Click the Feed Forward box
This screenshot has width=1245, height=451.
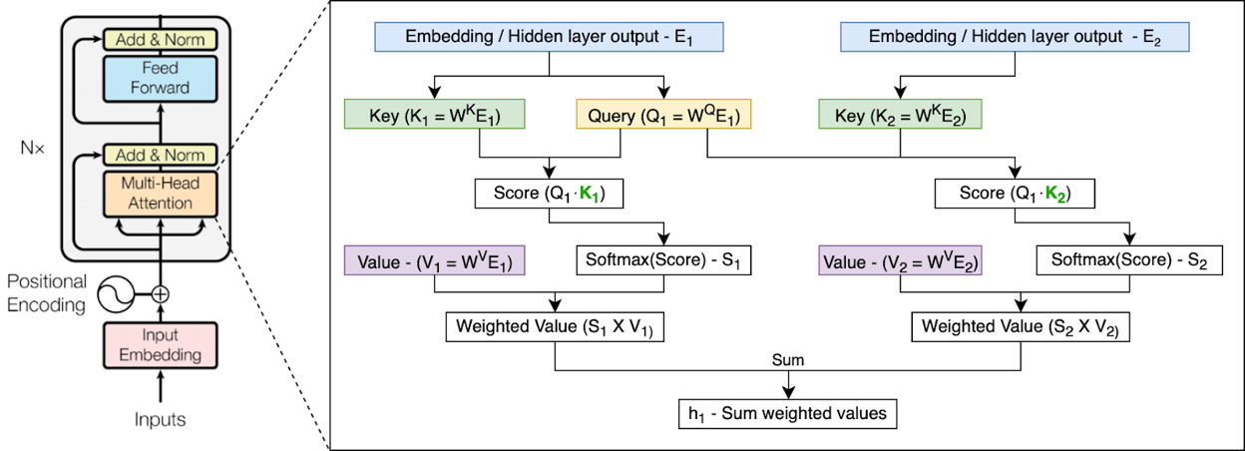[160, 79]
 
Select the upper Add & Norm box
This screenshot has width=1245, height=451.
[160, 40]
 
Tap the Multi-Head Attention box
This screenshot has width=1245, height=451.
[160, 194]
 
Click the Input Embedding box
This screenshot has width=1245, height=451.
[160, 345]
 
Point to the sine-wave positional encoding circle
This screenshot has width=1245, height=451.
[116, 294]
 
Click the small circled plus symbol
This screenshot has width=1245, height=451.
[160, 294]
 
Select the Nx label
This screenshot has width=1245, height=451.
[32, 148]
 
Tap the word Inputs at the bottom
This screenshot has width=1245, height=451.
[160, 419]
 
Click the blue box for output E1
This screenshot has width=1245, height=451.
[549, 37]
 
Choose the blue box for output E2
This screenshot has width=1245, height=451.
[1015, 37]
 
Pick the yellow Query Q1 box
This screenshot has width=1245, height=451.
[663, 114]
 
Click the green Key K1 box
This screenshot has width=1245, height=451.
[435, 114]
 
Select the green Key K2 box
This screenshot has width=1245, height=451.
[901, 114]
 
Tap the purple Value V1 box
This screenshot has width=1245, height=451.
[435, 260]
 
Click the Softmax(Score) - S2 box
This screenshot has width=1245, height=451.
[1129, 260]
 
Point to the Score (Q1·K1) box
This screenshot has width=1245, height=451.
[549, 194]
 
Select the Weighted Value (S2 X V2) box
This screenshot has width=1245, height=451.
[1021, 327]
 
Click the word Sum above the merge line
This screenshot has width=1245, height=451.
[787, 360]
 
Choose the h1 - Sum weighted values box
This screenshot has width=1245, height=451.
[787, 414]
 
